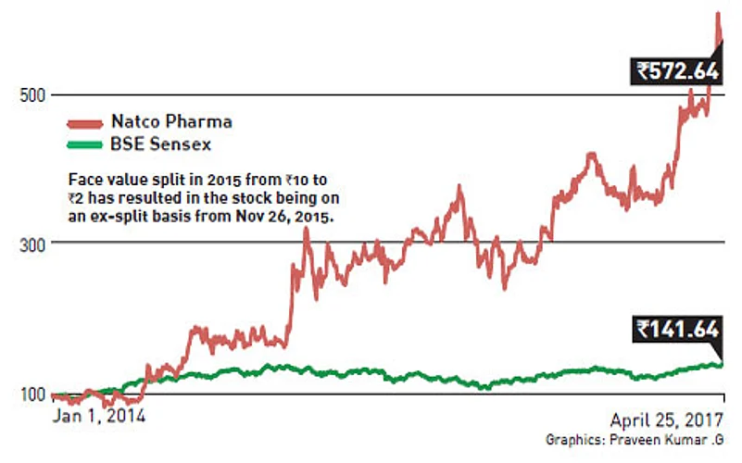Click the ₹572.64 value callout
(x=675, y=69)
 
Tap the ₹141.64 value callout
(x=677, y=327)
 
